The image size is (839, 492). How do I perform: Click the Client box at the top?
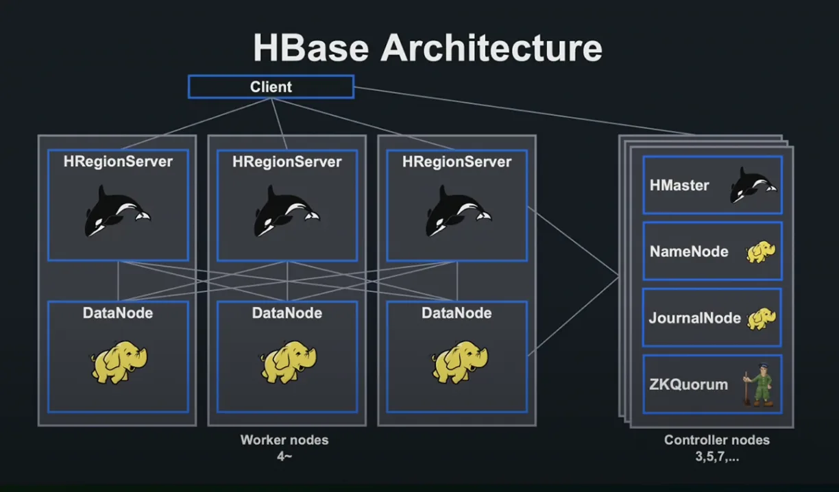pyautogui.click(x=271, y=87)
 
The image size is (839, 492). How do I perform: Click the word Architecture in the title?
pyautogui.click(x=491, y=48)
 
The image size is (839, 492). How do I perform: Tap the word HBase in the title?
pyautogui.click(x=311, y=48)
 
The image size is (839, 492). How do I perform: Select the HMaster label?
pyautogui.click(x=679, y=185)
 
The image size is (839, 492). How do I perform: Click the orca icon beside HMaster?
pyautogui.click(x=753, y=185)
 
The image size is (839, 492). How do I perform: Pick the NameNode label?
pyautogui.click(x=689, y=251)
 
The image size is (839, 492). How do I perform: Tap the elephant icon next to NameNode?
pyautogui.click(x=760, y=251)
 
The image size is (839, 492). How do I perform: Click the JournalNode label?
pyautogui.click(x=695, y=318)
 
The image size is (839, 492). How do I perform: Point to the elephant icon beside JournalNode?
pyautogui.click(x=762, y=319)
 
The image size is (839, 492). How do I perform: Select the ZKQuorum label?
pyautogui.click(x=688, y=384)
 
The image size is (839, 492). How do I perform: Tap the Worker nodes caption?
pyautogui.click(x=284, y=440)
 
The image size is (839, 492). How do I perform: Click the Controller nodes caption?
pyautogui.click(x=717, y=440)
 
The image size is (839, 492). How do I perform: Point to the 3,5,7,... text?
pyautogui.click(x=717, y=456)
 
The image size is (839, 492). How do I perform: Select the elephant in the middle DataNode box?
pyautogui.click(x=289, y=362)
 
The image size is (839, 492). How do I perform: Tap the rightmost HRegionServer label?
pyautogui.click(x=457, y=162)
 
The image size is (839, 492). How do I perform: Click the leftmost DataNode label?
pyautogui.click(x=118, y=313)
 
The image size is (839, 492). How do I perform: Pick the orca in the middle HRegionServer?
pyautogui.click(x=287, y=211)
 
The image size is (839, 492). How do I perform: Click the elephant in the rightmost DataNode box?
pyautogui.click(x=459, y=362)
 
